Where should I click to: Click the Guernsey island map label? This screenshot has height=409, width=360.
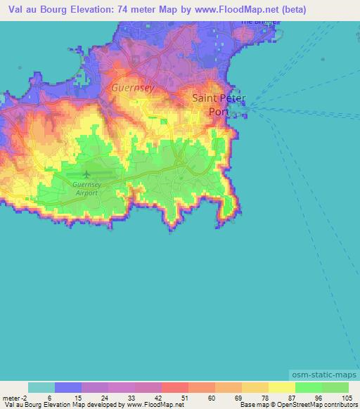click(x=131, y=89)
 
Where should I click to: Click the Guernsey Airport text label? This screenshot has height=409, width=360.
click(x=87, y=188)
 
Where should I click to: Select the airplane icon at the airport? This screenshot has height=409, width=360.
click(x=86, y=174)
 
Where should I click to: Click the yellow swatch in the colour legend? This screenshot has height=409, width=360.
click(x=281, y=387)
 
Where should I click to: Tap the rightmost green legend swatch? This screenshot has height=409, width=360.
click(x=335, y=387)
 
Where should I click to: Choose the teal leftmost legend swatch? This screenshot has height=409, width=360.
click(x=41, y=387)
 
